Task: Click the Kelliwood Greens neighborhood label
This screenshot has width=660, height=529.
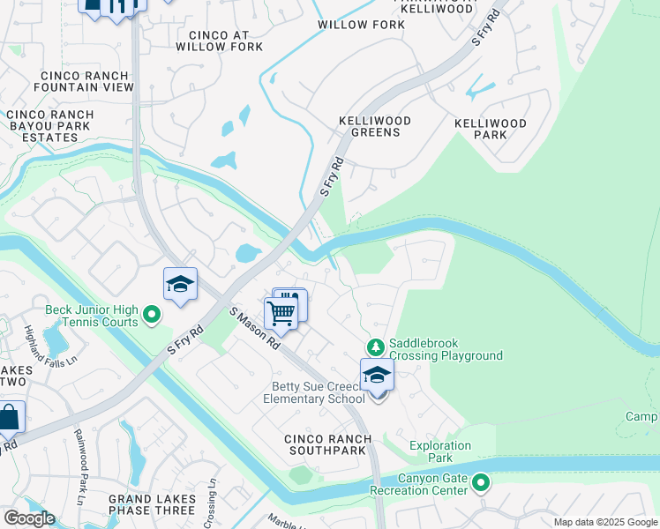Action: coord(370,126)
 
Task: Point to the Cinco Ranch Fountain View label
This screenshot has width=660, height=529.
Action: coord(84,81)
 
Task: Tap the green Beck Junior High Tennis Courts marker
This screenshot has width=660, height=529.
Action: coord(152,314)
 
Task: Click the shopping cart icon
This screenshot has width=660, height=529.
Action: coord(281,311)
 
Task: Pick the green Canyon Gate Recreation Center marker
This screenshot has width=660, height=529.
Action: coord(481,482)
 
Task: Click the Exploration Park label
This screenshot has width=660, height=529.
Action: coord(439,451)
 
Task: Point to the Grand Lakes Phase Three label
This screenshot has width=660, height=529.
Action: coord(152,504)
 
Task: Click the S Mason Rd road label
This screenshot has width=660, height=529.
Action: coord(254,328)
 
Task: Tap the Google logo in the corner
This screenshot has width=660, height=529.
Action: coord(29,518)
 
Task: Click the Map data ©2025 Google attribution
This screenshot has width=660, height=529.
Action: coord(605,522)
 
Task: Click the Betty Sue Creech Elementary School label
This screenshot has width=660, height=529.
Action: coord(313,392)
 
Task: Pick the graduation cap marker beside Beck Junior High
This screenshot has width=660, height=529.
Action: coord(180,285)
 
